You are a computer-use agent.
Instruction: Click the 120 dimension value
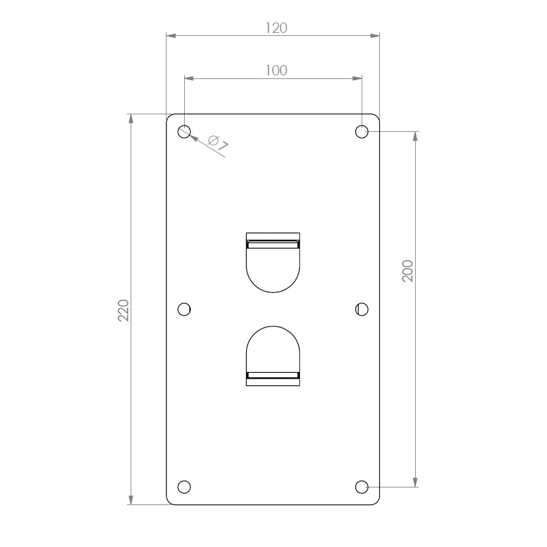click(x=277, y=28)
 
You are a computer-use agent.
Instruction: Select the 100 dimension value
click(x=277, y=71)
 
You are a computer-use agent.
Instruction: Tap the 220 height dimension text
click(x=124, y=310)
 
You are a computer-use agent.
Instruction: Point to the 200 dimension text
click(x=407, y=270)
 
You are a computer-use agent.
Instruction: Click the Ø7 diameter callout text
click(x=218, y=143)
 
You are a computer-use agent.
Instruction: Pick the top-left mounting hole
click(x=184, y=131)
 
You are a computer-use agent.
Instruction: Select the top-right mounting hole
click(x=362, y=131)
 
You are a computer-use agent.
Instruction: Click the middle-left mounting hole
click(x=184, y=309)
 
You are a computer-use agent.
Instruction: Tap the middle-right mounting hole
click(x=362, y=309)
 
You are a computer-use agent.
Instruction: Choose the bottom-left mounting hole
click(x=184, y=487)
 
